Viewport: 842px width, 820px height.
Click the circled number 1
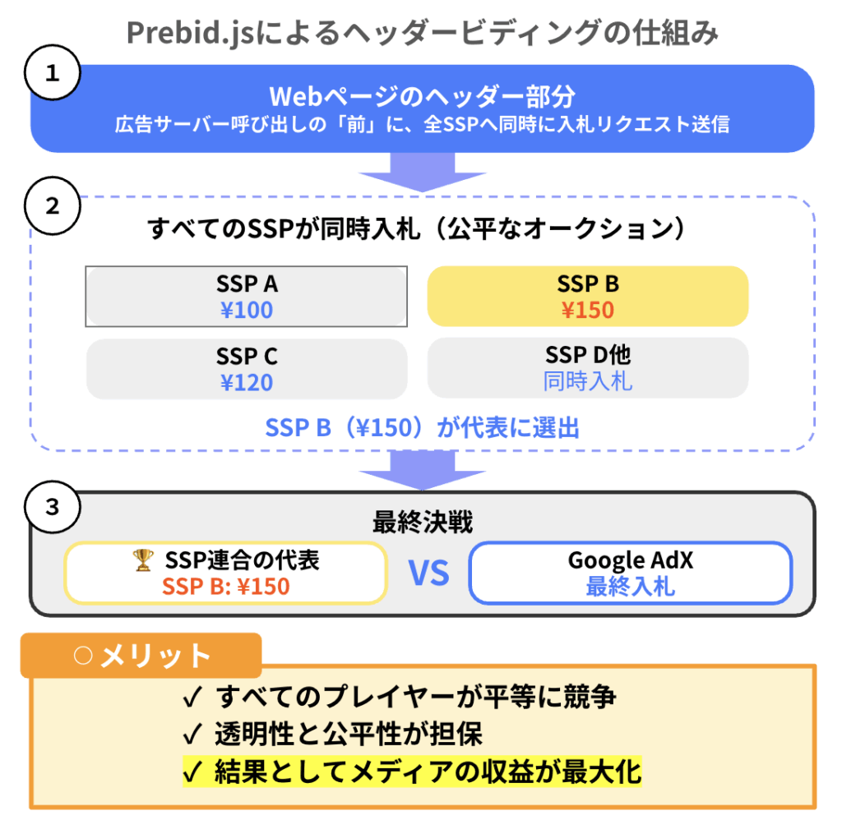coord(53,74)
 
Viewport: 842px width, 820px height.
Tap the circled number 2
coord(53,205)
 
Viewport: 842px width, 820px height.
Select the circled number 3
coord(53,507)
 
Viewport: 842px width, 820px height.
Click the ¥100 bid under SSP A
coord(247,310)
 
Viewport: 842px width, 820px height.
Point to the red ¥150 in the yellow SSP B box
coord(587,310)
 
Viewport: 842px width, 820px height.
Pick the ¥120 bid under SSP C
coord(247,382)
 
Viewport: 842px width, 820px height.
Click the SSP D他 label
coord(587,355)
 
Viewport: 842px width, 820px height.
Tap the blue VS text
coord(429,574)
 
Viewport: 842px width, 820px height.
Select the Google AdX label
coord(631,560)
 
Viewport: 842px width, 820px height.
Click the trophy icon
coord(143,560)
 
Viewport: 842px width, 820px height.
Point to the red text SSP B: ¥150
coord(225,587)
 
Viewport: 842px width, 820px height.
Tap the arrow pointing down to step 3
coord(422,472)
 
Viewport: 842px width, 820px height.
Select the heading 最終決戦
coord(422,523)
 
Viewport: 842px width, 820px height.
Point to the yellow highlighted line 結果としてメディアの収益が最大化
coord(411,772)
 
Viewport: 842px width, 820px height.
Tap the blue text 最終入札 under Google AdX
coord(631,587)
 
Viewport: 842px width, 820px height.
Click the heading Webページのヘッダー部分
coord(422,97)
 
